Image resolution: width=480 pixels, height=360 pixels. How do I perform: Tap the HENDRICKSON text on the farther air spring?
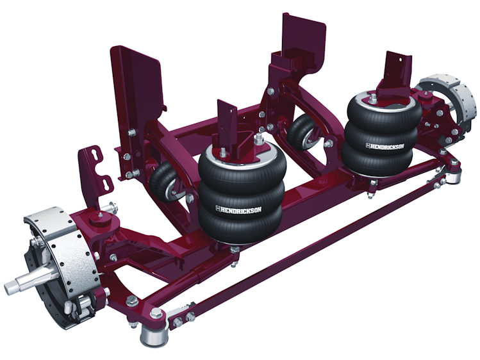point(382,147)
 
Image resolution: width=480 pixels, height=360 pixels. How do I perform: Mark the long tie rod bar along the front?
point(301,244)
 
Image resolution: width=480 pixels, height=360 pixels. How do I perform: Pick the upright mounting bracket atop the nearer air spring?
point(227,125)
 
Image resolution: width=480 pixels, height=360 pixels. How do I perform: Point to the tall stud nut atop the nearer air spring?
point(258,139)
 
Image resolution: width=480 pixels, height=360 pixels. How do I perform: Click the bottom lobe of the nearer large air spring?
point(240,221)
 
